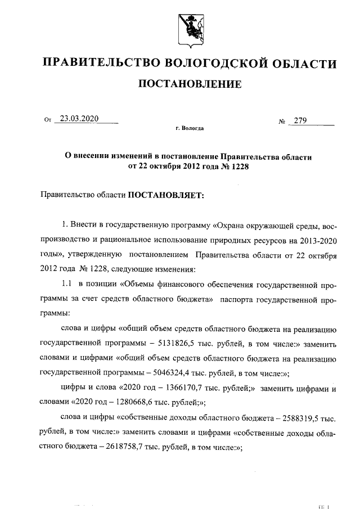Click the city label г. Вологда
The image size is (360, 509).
pos(190,129)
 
